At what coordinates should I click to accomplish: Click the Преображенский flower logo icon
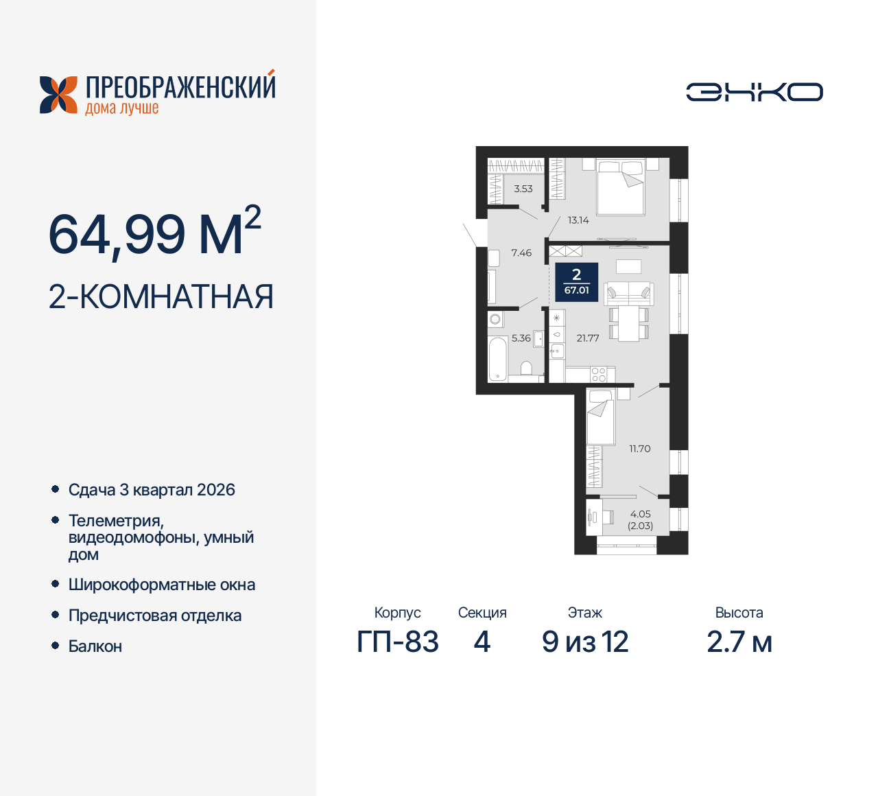(58, 95)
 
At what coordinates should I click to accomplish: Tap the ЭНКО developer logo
(754, 92)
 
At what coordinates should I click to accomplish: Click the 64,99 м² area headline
(155, 234)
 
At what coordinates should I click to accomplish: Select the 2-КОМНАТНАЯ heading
(161, 297)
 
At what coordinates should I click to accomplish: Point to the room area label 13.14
(578, 220)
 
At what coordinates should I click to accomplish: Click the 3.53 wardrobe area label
(523, 189)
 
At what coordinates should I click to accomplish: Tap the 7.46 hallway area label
(521, 253)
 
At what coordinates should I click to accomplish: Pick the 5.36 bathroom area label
(521, 338)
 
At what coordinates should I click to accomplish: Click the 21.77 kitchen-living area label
(588, 338)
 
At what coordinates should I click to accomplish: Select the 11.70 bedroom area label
(639, 449)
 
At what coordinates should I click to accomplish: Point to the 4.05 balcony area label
(640, 514)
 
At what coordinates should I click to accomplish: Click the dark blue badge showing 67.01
(576, 282)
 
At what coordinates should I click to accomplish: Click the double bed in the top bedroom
(621, 187)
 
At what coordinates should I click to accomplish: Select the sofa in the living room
(628, 293)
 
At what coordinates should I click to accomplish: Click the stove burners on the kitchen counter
(599, 375)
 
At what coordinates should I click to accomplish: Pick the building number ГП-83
(398, 642)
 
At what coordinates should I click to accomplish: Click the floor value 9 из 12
(585, 642)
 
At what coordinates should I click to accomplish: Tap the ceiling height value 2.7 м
(739, 642)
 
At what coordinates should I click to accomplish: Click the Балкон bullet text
(95, 646)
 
